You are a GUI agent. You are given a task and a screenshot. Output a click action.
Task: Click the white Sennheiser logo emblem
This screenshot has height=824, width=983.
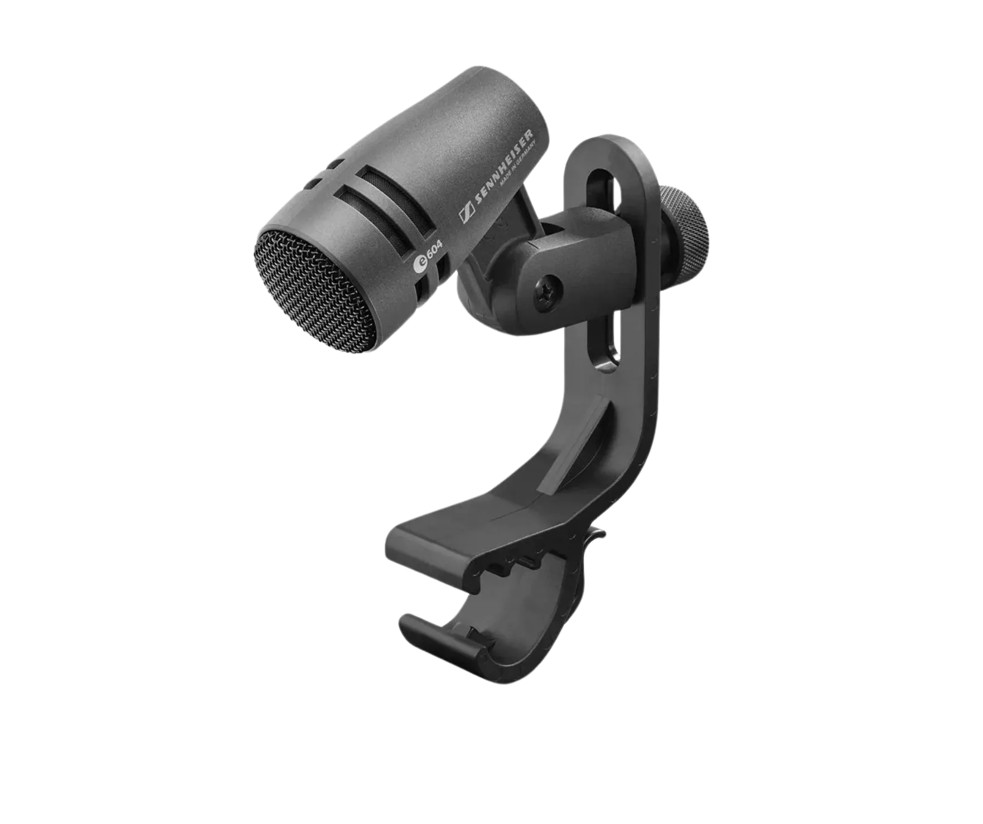click(x=466, y=216)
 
